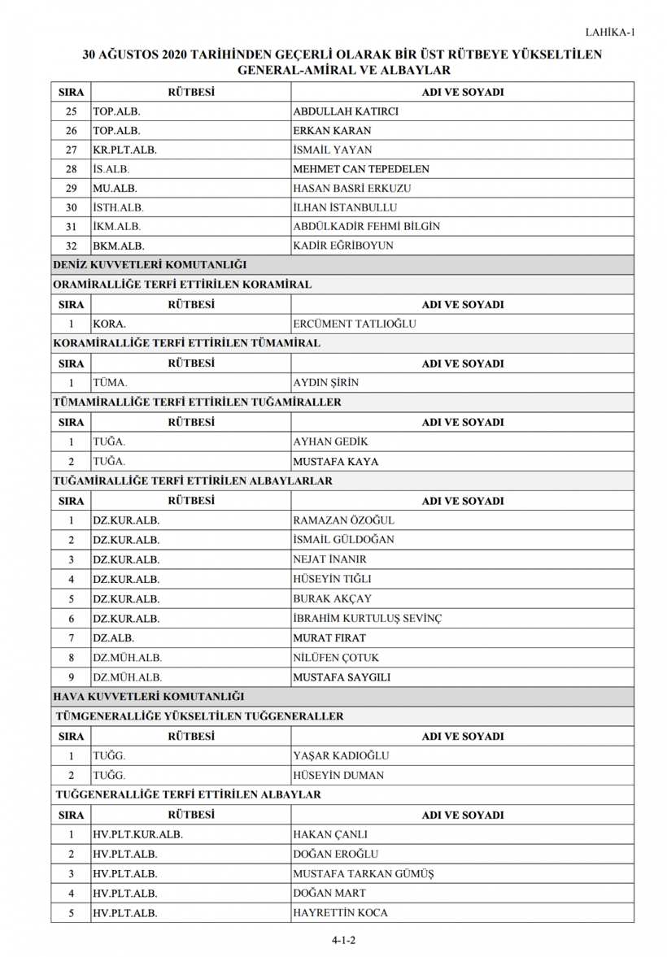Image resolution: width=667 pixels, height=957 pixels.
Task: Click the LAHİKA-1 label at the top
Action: pos(609,33)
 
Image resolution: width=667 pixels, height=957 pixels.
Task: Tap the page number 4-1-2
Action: pos(344,940)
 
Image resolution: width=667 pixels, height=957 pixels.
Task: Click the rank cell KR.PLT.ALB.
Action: pos(124,150)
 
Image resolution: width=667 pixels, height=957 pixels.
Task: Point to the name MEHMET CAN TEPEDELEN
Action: pos(360,170)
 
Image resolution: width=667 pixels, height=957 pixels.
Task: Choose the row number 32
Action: pos(71,246)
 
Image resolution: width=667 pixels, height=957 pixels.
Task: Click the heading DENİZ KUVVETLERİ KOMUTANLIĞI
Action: pos(150,265)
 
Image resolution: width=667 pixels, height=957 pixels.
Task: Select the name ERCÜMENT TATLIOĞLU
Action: pos(354,324)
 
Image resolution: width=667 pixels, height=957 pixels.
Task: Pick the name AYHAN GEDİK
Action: pos(330,442)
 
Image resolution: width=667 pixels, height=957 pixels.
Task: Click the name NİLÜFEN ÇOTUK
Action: pos(335,658)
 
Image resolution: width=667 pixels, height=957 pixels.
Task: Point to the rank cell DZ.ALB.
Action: pos(113,638)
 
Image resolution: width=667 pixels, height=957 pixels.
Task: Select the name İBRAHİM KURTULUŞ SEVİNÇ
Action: pos(367,619)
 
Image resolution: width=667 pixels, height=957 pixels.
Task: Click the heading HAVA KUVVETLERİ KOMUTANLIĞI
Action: pos(148,697)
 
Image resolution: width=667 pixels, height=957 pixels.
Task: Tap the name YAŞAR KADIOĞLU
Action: pos(340,756)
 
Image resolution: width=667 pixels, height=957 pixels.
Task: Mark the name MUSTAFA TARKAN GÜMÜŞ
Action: pos(363,874)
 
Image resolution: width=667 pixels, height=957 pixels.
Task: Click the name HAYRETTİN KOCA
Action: pos(340,913)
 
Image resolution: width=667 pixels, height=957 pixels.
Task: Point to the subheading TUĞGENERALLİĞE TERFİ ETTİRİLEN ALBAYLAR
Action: pos(187,794)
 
